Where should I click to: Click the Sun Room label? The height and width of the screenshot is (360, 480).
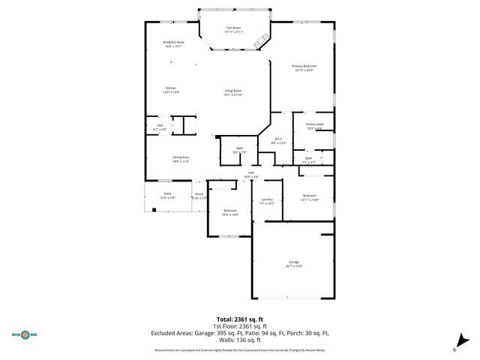(234, 30)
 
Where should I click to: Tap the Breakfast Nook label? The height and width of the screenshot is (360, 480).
(173, 44)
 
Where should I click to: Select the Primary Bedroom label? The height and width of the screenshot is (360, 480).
(304, 68)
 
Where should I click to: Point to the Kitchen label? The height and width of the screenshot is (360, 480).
(171, 90)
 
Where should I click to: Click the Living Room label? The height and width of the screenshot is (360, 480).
(232, 92)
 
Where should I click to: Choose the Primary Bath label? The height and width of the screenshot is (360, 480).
(314, 126)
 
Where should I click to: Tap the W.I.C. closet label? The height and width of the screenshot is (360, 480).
(277, 140)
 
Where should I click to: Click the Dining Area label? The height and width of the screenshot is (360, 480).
(180, 159)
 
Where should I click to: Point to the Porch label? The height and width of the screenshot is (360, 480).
(199, 196)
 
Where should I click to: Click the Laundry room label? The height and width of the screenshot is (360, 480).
(266, 201)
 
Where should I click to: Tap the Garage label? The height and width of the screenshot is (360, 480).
(293, 263)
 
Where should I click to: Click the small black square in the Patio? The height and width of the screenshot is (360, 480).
(153, 209)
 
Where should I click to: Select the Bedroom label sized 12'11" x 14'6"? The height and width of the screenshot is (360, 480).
(310, 198)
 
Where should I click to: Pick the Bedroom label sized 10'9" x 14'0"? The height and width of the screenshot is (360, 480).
(230, 212)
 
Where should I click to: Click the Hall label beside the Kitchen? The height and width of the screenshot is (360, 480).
(160, 127)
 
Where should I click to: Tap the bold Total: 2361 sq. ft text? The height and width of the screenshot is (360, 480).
(239, 318)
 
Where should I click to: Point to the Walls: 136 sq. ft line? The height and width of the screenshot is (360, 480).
(239, 339)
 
